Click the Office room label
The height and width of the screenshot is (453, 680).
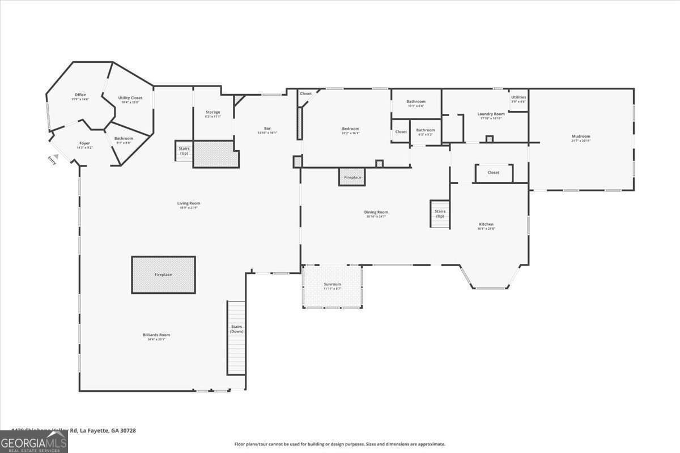80,95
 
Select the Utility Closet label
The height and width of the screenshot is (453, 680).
130,98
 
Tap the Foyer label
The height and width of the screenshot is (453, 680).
84,144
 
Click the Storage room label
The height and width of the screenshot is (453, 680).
212,113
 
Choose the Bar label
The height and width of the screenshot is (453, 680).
267,129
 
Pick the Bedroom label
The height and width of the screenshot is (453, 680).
350,129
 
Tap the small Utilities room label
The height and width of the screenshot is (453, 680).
518,97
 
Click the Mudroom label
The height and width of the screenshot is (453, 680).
581,136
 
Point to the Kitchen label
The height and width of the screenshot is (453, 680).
486,225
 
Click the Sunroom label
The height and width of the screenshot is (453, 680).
332,284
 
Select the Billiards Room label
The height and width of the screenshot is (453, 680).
156,335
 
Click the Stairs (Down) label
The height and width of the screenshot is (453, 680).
236,329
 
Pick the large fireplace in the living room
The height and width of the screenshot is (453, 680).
163,275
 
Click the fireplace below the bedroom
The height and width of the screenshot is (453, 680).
352,177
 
